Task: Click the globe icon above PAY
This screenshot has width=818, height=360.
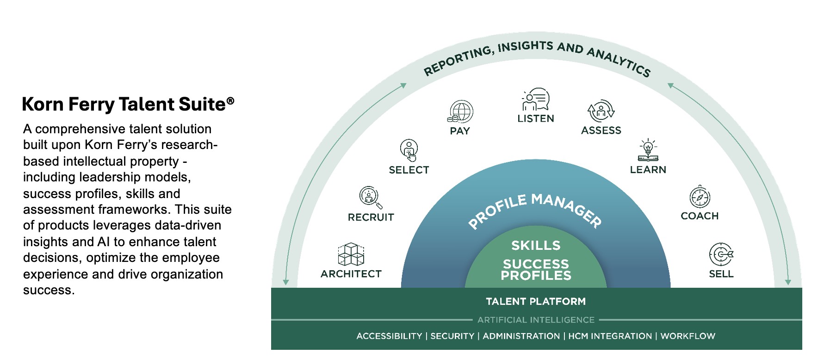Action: click(461, 112)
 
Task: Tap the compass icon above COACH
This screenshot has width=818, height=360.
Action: click(700, 197)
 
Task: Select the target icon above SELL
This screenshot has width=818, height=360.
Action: click(721, 254)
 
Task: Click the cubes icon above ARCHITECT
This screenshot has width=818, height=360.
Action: click(351, 254)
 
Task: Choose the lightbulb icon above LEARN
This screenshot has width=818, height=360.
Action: click(648, 150)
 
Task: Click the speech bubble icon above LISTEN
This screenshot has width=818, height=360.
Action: click(536, 99)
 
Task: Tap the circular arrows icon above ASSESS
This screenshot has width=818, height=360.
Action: click(601, 111)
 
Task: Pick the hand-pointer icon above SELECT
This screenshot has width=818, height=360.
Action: click(409, 150)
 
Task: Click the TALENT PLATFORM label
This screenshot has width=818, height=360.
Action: click(536, 302)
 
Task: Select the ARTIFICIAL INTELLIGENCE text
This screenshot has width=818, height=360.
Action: click(536, 320)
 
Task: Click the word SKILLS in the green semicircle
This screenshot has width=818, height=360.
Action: click(536, 245)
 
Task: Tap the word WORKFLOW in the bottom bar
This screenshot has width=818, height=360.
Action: click(688, 336)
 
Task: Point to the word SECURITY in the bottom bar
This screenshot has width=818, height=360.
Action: click(452, 336)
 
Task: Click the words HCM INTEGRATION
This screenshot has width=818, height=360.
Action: click(610, 336)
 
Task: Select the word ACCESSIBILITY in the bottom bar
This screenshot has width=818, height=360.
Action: click(389, 336)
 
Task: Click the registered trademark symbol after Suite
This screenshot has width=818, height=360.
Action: click(230, 100)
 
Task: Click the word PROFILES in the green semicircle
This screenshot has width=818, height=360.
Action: click(536, 276)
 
